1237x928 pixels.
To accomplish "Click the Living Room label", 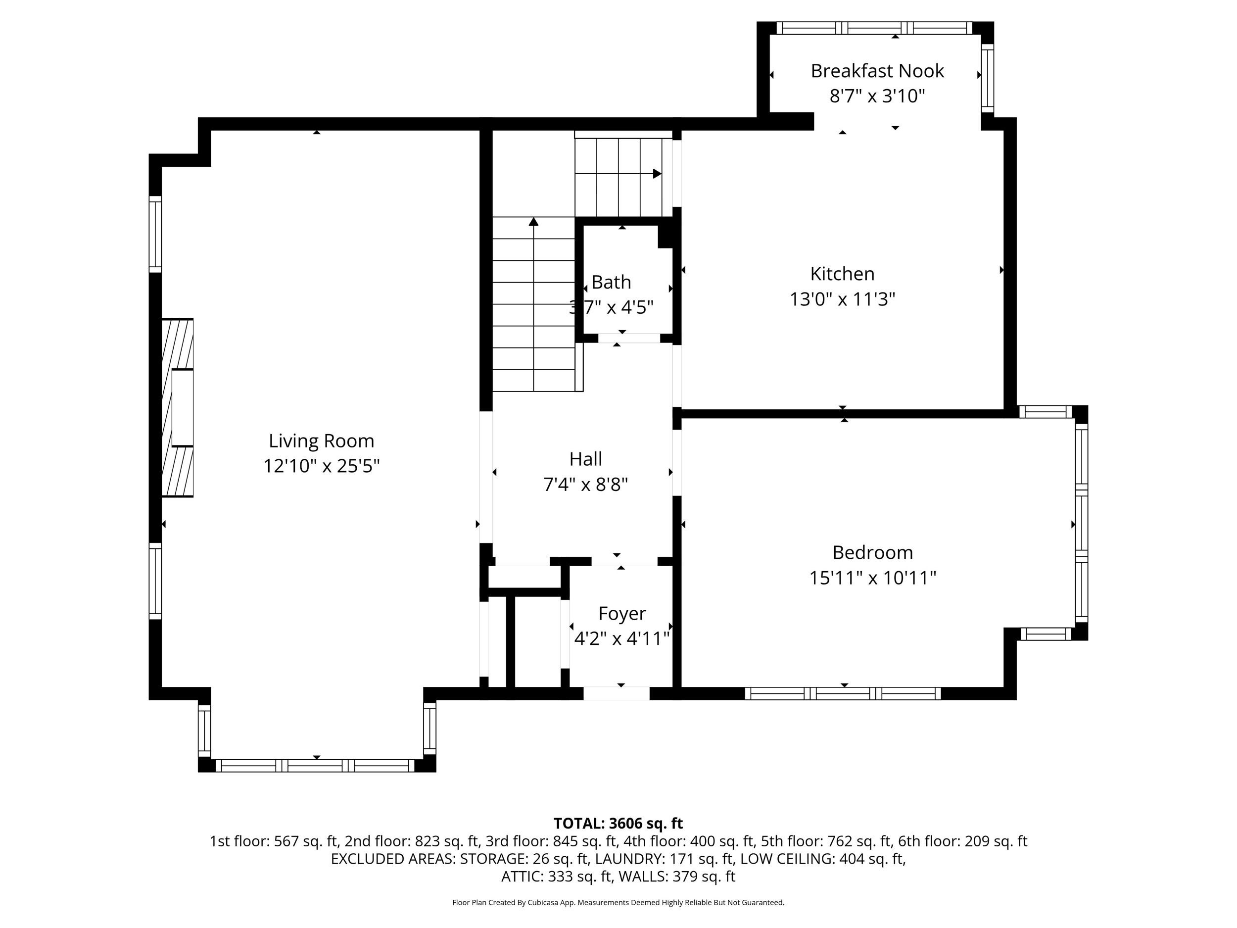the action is [x=321, y=441].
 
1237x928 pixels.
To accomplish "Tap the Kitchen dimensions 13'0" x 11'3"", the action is [x=842, y=299].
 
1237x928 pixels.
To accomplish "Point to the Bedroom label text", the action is [x=872, y=552].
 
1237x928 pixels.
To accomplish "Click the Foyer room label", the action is [x=622, y=613].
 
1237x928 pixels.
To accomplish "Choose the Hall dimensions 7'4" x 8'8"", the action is [x=585, y=484].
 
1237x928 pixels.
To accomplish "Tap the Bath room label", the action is [x=611, y=282].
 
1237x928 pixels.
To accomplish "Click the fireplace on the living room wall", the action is [x=177, y=408].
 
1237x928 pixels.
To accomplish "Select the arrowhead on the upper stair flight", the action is [x=657, y=174].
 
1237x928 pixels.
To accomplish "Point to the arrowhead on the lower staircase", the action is [x=533, y=222].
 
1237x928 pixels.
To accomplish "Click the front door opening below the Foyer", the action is [x=616, y=693].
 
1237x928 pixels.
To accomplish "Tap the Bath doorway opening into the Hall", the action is [x=629, y=339].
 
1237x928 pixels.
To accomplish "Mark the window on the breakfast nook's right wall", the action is [x=988, y=78].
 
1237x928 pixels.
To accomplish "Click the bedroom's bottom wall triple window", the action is [x=843, y=693].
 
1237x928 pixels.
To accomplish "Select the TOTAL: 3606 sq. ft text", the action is [x=618, y=824].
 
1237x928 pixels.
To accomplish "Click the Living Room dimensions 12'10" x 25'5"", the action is [x=322, y=466].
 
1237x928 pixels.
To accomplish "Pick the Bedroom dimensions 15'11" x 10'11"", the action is [x=872, y=578].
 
